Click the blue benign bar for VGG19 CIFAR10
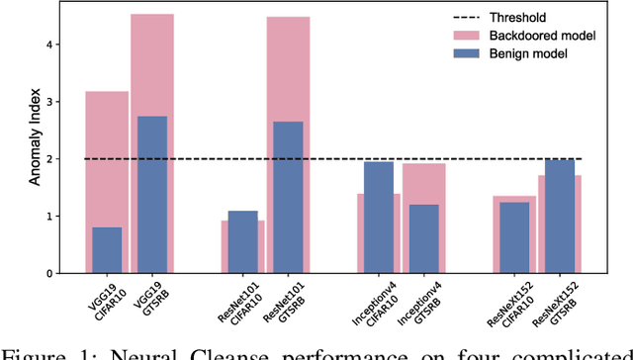(x=107, y=250)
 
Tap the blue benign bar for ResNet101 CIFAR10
(x=242, y=241)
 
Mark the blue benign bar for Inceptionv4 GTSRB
(x=423, y=238)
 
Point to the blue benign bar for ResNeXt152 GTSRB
(x=559, y=216)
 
